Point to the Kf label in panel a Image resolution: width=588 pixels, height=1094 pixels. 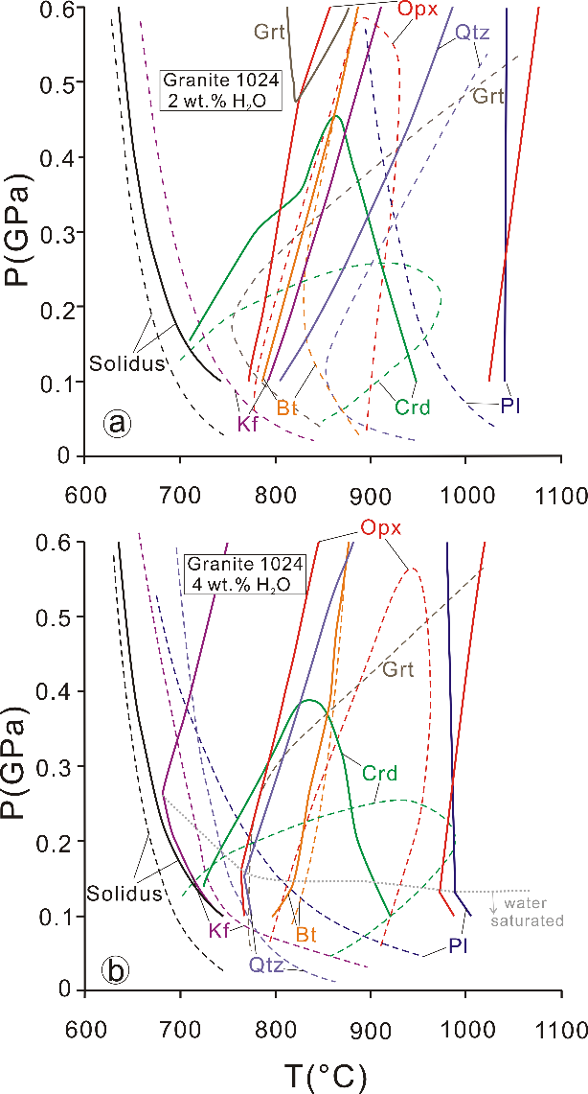[248, 423]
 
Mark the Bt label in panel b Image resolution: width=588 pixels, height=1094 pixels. [306, 933]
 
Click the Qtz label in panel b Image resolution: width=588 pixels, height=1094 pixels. [267, 965]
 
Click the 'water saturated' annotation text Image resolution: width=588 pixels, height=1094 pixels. [534, 913]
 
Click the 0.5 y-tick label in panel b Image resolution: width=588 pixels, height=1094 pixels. [57, 617]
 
